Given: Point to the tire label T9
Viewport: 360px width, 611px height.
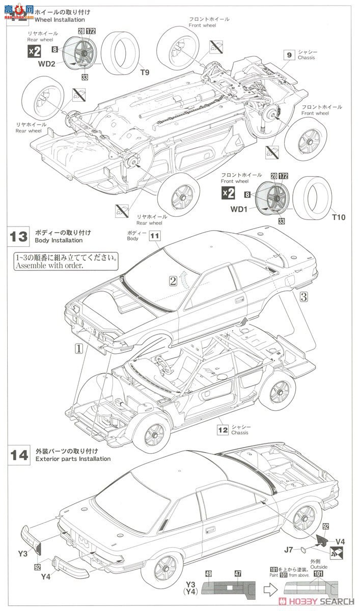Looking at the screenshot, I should click(x=145, y=72).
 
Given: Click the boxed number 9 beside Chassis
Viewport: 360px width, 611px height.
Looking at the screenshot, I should click(x=289, y=54).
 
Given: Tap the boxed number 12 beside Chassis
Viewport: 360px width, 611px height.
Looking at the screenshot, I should click(x=223, y=429).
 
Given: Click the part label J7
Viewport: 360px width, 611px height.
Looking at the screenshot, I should click(x=289, y=548).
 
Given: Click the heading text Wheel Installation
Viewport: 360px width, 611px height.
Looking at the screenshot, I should click(x=60, y=20).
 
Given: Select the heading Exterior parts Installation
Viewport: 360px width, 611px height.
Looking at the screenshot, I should click(x=73, y=459).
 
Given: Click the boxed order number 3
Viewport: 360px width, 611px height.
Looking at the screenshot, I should click(x=303, y=295).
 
